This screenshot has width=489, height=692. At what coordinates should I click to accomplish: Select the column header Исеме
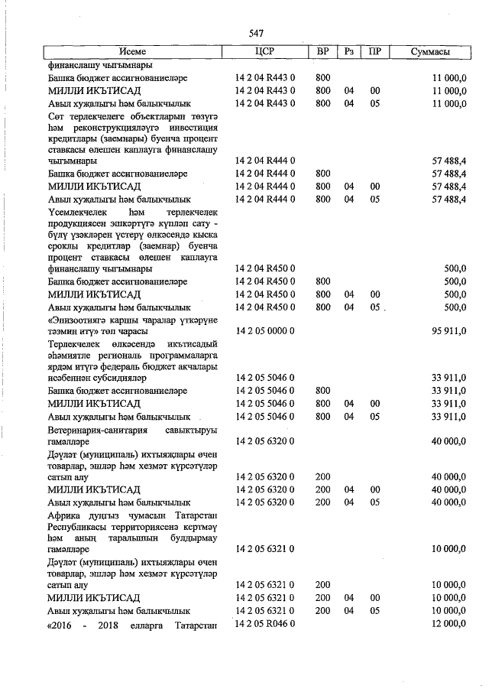[132, 52]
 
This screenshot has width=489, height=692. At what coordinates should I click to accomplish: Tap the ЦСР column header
[263, 52]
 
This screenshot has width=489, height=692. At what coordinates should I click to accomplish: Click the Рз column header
[348, 52]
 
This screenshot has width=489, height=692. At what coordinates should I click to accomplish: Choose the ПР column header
[374, 52]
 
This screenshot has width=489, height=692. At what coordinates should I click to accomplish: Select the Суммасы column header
[430, 52]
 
